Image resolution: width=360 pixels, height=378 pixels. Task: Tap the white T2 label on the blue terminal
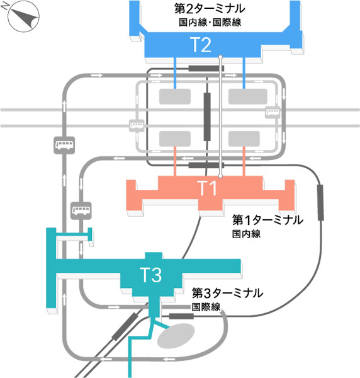[x=201, y=45]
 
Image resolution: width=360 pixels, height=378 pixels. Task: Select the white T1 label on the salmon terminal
[x=206, y=188]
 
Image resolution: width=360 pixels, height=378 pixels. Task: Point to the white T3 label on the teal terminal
[x=150, y=275]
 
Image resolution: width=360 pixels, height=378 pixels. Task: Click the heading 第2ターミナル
[x=210, y=9]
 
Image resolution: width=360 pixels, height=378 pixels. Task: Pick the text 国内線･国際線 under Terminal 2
[x=210, y=23]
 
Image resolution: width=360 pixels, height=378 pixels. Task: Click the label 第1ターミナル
[x=267, y=220]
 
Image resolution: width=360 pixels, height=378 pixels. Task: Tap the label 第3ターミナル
[x=227, y=293]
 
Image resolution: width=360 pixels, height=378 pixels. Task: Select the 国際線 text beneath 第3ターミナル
[x=206, y=307]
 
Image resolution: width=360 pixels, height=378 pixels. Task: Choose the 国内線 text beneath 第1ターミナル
[x=246, y=234]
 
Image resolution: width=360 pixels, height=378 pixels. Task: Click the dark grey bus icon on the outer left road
[x=64, y=145]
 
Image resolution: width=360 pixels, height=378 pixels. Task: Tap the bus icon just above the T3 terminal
[x=81, y=210]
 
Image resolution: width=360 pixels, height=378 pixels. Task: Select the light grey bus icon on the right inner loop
[x=273, y=112]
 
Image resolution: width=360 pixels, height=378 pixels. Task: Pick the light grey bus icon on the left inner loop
[x=137, y=125]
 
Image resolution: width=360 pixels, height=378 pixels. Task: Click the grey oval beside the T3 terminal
[x=176, y=336]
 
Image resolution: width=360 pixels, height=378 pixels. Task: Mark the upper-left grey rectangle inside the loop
[x=175, y=96]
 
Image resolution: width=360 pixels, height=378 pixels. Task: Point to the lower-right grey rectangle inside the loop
[x=244, y=139]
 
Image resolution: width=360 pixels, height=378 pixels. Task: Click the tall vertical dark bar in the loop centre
[x=207, y=117]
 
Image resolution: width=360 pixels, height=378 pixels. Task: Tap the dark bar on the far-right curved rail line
[x=320, y=202]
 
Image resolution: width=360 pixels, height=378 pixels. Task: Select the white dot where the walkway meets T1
[x=220, y=176]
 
